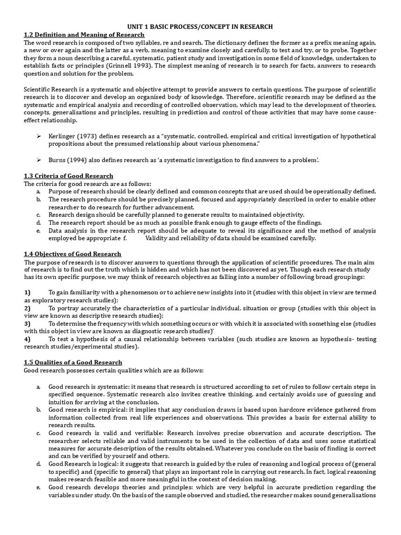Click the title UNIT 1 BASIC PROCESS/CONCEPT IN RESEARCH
(x=200, y=26)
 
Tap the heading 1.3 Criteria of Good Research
(x=68, y=176)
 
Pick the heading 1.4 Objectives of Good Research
(x=73, y=254)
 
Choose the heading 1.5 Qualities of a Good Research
(x=73, y=362)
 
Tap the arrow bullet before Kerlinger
(x=39, y=136)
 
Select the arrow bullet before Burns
(x=39, y=159)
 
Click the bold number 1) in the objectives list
(x=27, y=292)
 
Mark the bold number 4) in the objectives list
(x=27, y=339)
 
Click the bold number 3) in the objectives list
(x=27, y=323)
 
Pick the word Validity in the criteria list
(x=158, y=238)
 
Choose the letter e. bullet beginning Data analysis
(x=39, y=230)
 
